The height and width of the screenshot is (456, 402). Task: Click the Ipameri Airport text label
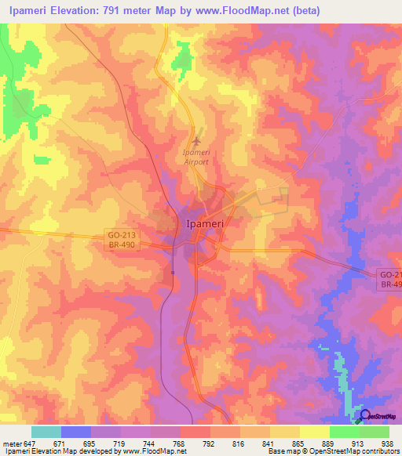click(x=196, y=157)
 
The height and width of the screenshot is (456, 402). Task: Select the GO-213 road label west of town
click(x=122, y=234)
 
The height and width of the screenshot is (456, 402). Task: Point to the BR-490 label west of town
click(x=122, y=244)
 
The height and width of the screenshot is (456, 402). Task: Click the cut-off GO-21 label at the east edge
click(x=390, y=274)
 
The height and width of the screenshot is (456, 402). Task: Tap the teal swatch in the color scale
click(x=46, y=432)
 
